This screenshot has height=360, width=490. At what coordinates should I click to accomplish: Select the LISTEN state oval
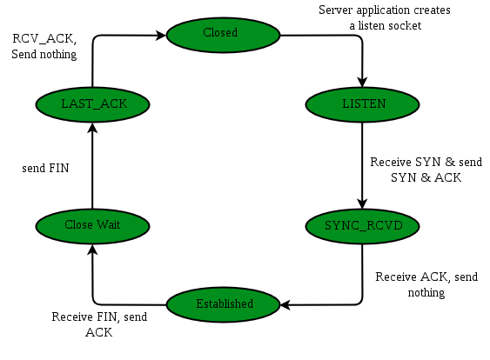(x=362, y=103)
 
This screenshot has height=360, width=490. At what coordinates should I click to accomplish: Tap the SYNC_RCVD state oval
(x=362, y=225)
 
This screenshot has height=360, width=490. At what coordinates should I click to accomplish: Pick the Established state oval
(x=223, y=303)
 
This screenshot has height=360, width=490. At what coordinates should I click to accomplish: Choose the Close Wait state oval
(x=92, y=225)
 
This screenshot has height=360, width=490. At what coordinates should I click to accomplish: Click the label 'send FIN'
(x=45, y=168)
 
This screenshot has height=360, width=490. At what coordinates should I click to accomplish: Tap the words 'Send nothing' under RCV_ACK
(x=44, y=55)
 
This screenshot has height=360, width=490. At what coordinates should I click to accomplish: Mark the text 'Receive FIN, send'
(x=99, y=317)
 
